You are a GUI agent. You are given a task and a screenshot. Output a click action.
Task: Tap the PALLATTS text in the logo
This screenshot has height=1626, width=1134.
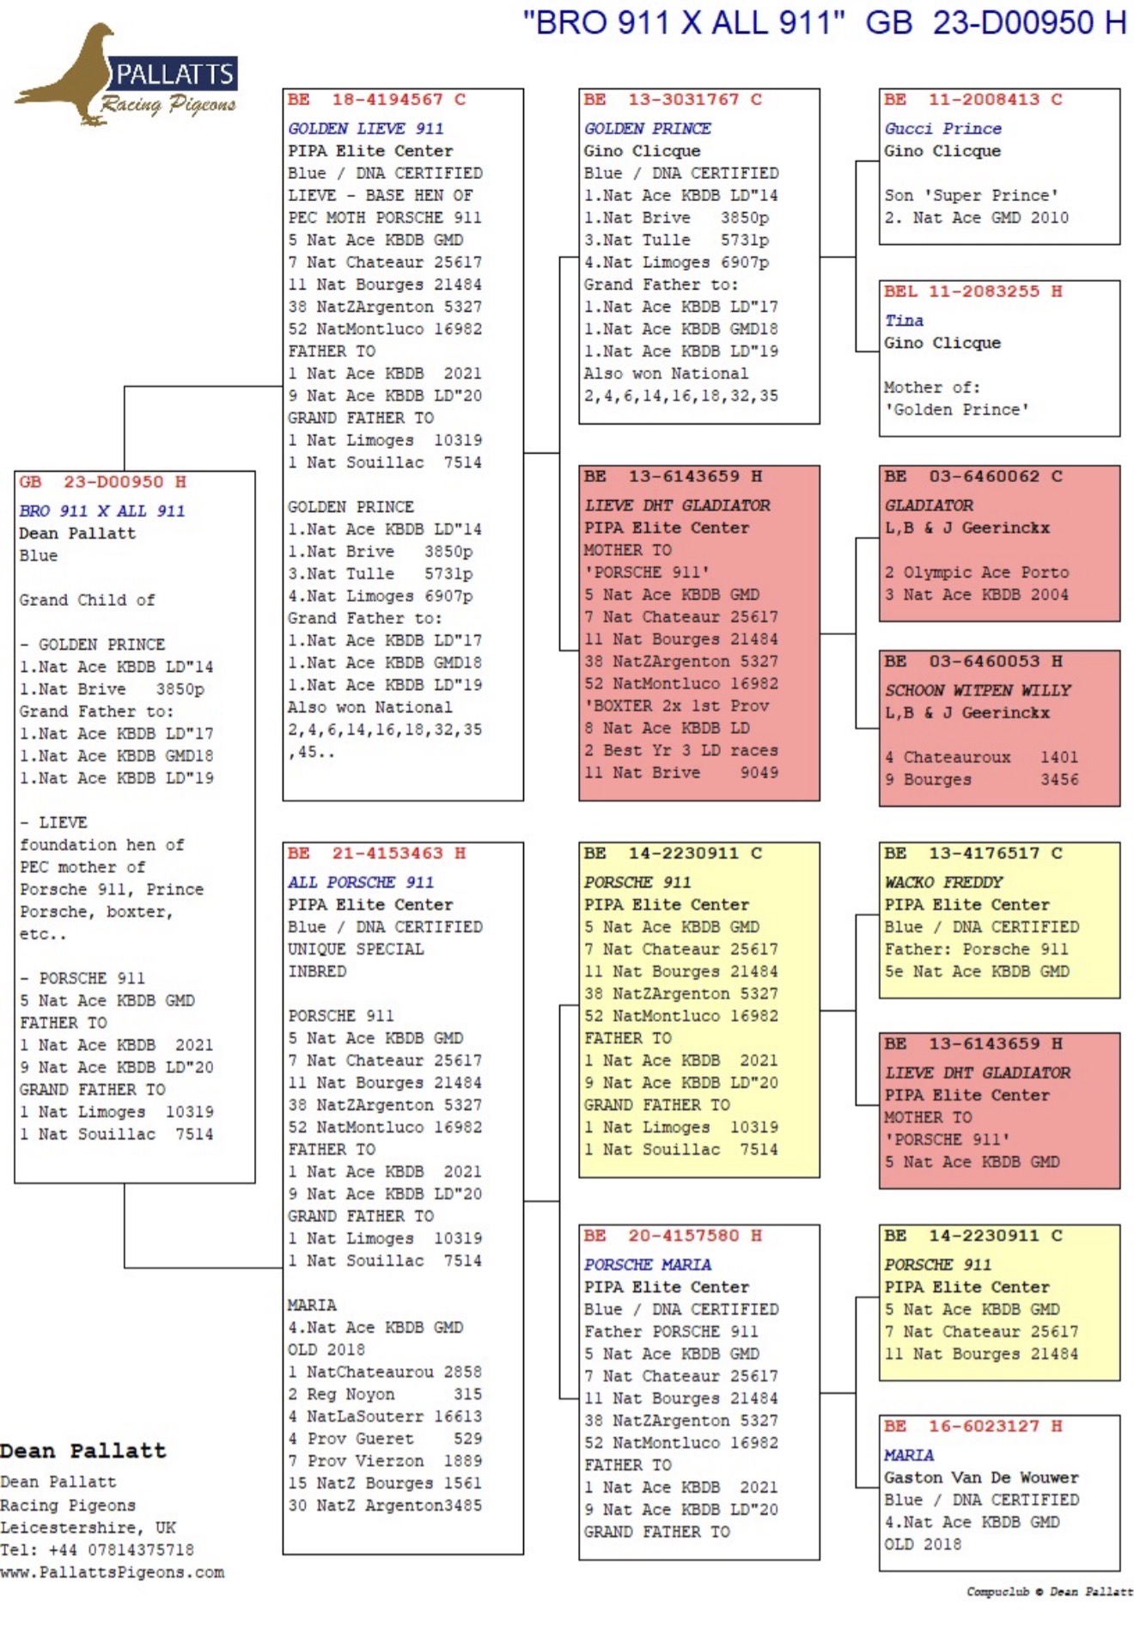pos(174,75)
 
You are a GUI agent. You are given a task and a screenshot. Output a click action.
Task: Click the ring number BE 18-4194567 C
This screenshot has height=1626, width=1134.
pos(377,100)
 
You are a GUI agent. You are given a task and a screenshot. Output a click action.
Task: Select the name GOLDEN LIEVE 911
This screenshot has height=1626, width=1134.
pos(366,128)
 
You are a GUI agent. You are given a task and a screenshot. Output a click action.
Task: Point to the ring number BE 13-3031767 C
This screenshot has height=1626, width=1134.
pos(673,100)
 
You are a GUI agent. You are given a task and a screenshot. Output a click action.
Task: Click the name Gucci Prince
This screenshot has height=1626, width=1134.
pos(943,128)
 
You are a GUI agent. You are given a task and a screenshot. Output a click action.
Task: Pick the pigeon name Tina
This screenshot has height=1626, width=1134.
pos(904,321)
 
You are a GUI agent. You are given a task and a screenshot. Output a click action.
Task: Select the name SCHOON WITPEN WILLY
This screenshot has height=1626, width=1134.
pos(978,690)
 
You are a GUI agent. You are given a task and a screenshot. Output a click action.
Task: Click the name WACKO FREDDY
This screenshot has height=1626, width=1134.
pos(943,882)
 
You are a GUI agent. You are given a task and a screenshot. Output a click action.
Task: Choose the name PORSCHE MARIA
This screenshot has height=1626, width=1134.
pos(648,1264)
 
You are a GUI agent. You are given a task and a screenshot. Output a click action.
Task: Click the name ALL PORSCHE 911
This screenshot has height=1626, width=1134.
pos(361,882)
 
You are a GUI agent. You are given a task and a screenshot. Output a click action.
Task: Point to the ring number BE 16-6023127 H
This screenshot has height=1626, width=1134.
pos(973,1426)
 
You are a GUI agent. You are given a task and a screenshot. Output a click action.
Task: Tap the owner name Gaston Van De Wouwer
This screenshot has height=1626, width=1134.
pos(981,1477)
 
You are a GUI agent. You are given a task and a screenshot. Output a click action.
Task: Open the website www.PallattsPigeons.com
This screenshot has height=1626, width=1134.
pos(113,1572)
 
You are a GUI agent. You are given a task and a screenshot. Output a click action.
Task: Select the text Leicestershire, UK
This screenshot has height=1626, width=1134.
pos(88,1527)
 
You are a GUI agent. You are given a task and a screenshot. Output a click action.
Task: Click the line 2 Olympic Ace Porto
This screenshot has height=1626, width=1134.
pos(977,572)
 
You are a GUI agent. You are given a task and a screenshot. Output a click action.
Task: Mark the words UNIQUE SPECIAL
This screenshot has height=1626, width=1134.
pos(356,949)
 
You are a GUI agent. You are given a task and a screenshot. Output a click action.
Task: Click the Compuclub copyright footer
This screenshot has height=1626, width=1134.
pos(1050,1592)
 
